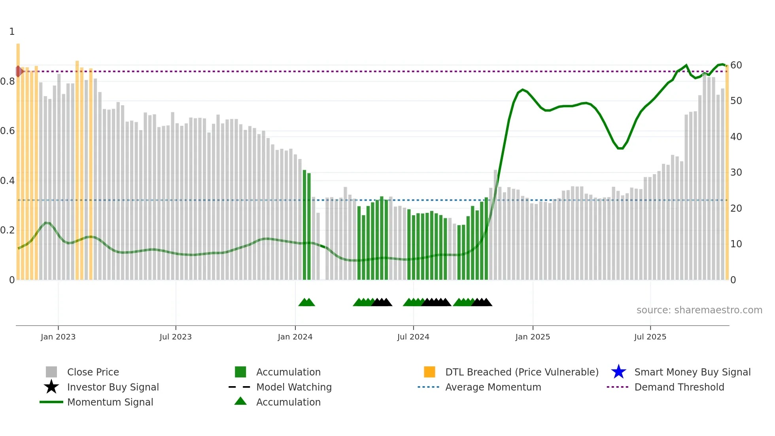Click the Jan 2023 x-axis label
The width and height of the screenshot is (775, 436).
click(x=58, y=337)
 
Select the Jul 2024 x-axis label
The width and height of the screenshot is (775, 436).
click(x=413, y=337)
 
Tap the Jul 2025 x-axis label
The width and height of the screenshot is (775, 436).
click(x=650, y=337)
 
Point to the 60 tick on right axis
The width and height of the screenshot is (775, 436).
click(x=736, y=65)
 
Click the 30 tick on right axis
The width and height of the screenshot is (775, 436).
click(x=736, y=173)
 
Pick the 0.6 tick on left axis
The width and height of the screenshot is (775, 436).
click(x=8, y=131)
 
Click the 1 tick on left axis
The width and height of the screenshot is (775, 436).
click(x=12, y=32)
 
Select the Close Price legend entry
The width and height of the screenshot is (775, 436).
click(x=93, y=372)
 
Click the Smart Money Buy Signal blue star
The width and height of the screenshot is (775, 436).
click(x=618, y=372)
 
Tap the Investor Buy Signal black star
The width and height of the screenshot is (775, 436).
click(x=51, y=387)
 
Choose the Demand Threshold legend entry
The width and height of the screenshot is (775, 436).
click(x=679, y=387)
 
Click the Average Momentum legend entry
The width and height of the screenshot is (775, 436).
click(x=493, y=387)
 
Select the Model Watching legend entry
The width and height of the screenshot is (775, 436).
click(x=293, y=387)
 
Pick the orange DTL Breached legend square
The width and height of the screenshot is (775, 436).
click(x=429, y=372)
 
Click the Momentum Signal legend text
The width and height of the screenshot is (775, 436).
click(x=110, y=402)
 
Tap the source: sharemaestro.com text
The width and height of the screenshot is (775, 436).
click(x=699, y=310)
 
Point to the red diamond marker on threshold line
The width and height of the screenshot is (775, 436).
click(x=19, y=72)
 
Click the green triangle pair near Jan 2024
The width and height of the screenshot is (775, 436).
click(x=306, y=302)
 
